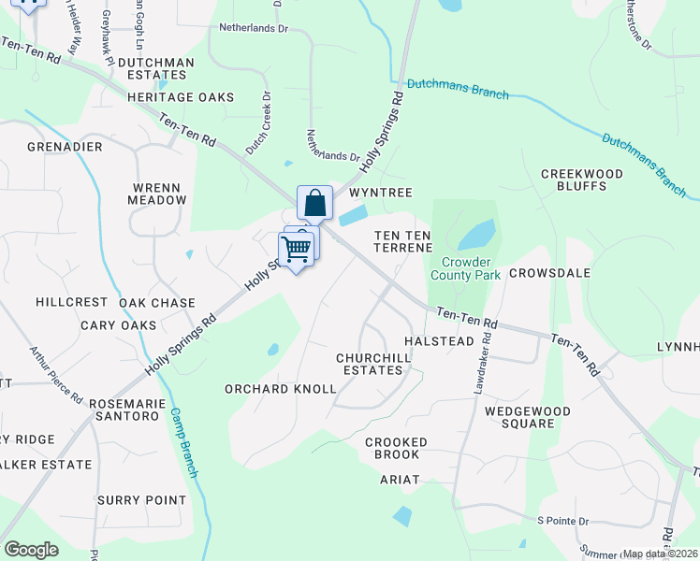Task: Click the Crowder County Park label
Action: [466, 268]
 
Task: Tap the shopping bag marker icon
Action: [315, 202]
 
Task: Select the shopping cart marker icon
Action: [296, 250]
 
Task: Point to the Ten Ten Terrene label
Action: [403, 241]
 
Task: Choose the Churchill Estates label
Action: [370, 364]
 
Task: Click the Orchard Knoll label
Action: [280, 389]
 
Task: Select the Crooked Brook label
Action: [396, 448]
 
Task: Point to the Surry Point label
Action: [142, 500]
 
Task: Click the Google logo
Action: [31, 550]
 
